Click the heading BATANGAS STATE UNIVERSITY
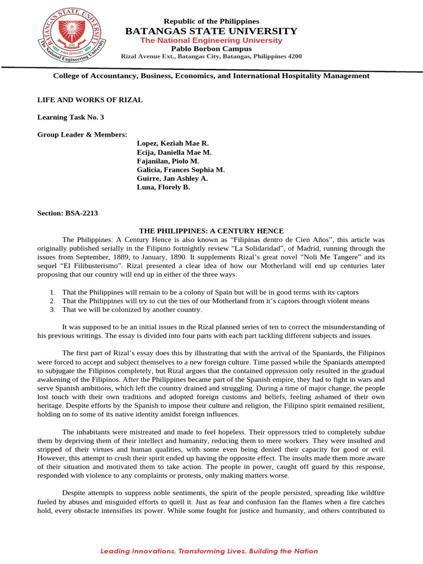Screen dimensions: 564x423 211,31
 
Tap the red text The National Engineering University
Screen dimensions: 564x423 211,40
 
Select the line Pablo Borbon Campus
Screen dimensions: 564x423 211,48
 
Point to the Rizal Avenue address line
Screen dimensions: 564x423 211,57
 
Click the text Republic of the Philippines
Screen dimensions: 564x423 211,21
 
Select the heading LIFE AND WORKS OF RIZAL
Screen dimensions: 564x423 90,100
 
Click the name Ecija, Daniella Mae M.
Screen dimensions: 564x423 173,152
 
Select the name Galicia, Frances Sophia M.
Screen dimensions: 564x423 181,170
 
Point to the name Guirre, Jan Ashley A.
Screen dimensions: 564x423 172,178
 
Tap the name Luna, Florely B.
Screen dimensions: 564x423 163,187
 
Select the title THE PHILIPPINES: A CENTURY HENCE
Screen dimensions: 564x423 211,231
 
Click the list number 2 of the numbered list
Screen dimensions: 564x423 52,301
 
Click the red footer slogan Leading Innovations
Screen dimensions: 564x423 209,551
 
